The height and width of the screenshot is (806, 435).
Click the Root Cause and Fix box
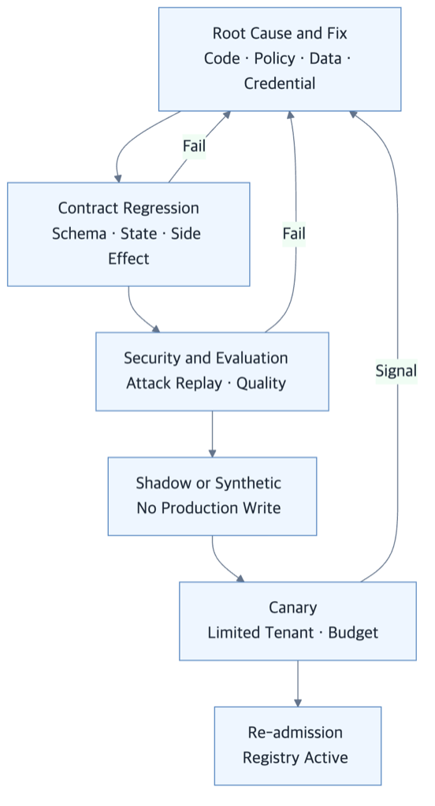(x=279, y=59)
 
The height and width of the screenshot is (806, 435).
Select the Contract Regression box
(x=128, y=234)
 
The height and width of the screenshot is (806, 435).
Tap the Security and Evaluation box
(x=212, y=371)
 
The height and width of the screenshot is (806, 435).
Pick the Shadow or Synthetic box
(x=212, y=496)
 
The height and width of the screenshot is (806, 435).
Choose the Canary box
(x=298, y=621)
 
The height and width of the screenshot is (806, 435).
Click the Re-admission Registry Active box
(x=298, y=746)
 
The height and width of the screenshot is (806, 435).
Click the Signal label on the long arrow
(x=396, y=370)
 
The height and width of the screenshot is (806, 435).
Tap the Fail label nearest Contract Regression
(x=194, y=146)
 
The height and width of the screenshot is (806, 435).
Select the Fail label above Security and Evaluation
(x=294, y=234)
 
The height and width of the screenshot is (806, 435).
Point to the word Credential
(x=280, y=84)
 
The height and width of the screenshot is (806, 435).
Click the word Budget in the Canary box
(x=353, y=632)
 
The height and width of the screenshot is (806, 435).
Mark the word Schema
(x=79, y=233)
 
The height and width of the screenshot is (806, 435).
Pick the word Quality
(x=261, y=384)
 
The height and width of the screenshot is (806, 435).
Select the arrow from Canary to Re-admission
(x=298, y=684)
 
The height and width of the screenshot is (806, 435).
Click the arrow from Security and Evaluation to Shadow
(x=212, y=434)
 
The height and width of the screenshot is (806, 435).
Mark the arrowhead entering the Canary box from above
(x=240, y=578)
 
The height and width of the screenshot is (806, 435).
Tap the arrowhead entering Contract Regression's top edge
(x=118, y=178)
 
